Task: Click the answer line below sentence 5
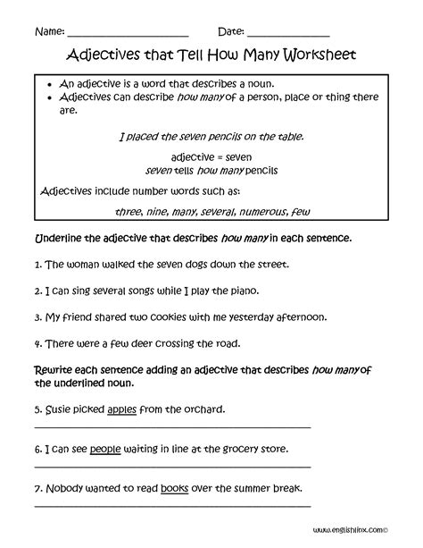[172, 427]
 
